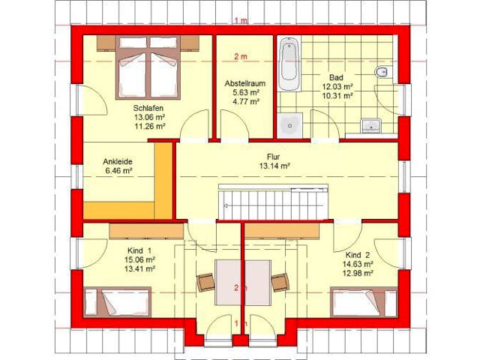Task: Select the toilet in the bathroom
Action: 380,73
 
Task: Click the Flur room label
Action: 274,156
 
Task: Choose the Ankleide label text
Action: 118,161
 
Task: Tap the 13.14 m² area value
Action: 274,166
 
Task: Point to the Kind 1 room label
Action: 139,250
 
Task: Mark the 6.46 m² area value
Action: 118,171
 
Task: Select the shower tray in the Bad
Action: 289,124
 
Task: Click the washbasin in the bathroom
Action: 371,125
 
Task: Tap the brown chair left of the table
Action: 205,282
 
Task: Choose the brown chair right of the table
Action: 279,282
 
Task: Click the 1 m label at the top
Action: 240,20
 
